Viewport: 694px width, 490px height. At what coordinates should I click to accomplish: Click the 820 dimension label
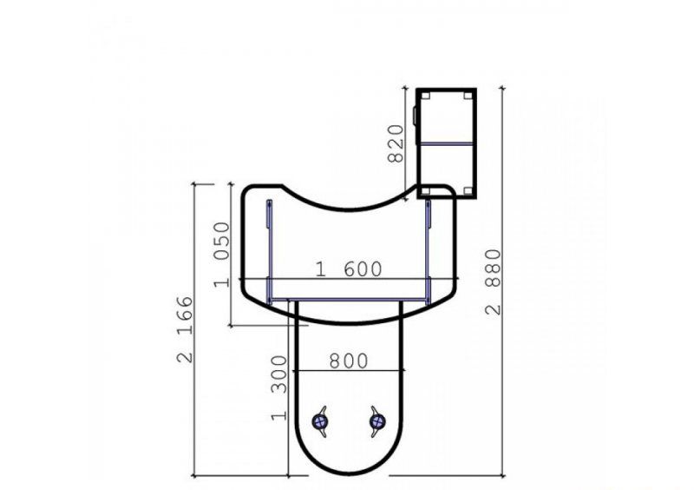[396, 143]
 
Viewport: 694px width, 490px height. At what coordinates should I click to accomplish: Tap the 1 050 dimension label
[222, 255]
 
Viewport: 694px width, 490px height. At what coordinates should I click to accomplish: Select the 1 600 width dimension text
[349, 269]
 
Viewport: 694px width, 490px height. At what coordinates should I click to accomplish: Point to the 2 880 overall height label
[493, 282]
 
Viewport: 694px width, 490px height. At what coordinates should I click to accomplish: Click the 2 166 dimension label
[185, 329]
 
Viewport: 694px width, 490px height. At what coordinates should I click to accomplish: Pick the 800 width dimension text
[349, 361]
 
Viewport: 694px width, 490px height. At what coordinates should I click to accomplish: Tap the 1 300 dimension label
[278, 387]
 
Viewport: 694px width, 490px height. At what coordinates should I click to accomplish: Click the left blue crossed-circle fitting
[319, 421]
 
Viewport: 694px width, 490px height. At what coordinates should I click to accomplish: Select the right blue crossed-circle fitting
[377, 421]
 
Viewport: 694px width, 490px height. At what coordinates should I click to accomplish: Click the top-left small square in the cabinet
[425, 96]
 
